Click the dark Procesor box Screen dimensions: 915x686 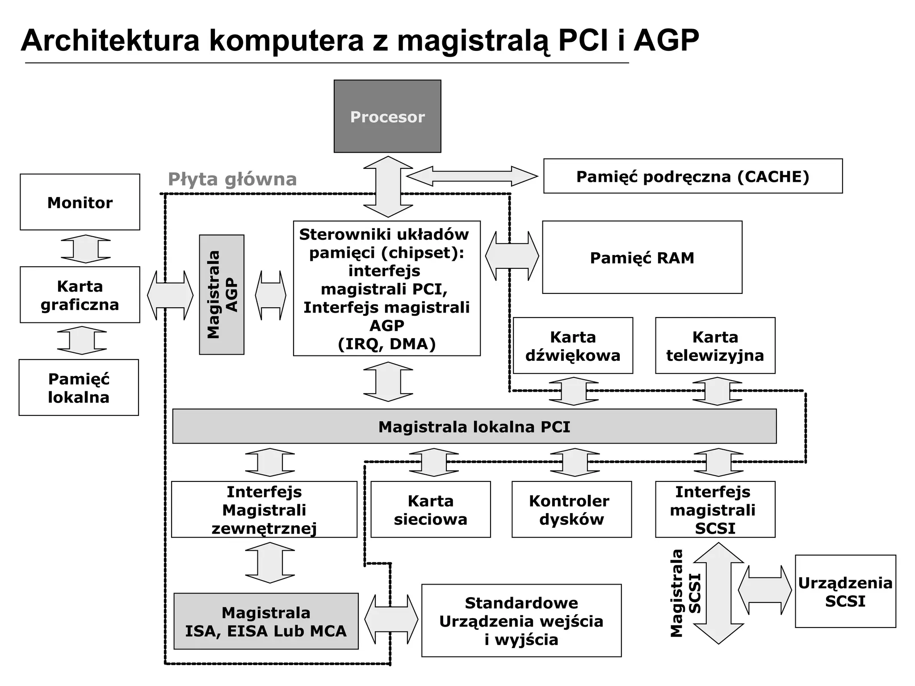387,116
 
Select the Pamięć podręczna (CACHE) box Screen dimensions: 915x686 693,176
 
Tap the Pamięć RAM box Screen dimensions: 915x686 642,257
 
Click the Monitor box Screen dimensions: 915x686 80,202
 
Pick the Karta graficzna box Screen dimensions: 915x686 80,295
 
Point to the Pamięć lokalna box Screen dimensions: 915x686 79,388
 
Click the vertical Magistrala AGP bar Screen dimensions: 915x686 222,295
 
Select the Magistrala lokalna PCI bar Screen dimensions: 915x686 474,427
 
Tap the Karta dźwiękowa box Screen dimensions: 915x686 573,346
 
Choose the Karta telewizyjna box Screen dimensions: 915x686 715,346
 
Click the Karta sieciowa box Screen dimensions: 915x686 431,510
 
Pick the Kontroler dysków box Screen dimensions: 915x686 572,510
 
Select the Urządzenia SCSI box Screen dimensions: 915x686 845,591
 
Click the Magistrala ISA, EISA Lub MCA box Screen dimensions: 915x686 266,621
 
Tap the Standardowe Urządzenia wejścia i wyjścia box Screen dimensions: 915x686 521,621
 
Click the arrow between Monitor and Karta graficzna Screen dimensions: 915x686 86,249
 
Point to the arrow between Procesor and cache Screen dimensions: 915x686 472,176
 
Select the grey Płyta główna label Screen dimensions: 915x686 232,179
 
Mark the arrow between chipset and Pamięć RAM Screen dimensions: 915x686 512,256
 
